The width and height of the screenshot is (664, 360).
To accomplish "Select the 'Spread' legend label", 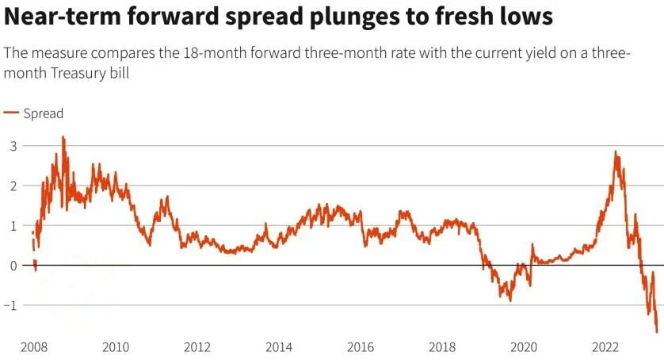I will click(43, 113).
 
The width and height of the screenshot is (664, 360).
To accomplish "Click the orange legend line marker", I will click(11, 113).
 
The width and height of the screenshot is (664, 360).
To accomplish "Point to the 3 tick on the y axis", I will click(13, 146).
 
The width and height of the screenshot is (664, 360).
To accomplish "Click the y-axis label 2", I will click(13, 186).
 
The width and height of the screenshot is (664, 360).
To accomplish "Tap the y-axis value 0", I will click(13, 265).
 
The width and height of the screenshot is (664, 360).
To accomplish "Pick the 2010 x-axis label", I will click(115, 347).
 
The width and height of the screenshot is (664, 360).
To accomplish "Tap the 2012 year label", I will click(197, 347).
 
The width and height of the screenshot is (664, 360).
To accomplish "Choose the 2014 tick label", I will click(278, 347).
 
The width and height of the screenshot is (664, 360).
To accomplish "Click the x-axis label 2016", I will click(361, 347).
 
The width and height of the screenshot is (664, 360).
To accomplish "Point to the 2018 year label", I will click(442, 347).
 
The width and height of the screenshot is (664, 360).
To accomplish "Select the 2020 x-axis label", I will click(524, 347).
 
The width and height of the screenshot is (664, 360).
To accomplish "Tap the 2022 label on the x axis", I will click(605, 347).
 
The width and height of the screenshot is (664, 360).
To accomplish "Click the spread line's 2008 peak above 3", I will click(63, 137).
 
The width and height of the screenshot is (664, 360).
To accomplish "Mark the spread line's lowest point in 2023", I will click(657, 332).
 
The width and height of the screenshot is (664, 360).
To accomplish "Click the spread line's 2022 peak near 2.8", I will click(616, 152).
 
